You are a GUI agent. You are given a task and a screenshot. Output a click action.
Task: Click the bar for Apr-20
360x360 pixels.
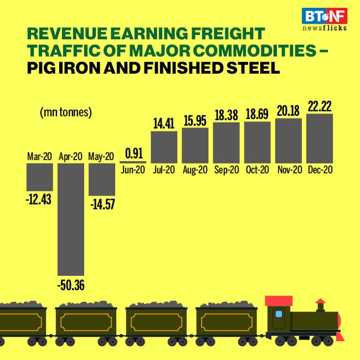point(71,219)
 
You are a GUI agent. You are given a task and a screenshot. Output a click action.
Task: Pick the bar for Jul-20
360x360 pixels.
point(164,147)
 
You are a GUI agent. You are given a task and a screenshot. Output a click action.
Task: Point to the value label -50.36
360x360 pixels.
point(71,286)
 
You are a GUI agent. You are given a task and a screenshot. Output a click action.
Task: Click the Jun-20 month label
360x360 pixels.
point(132,170)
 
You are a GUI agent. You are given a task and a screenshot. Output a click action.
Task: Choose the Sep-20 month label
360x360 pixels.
point(226,170)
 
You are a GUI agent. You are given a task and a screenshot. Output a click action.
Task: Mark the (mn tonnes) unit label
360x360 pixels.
point(65,112)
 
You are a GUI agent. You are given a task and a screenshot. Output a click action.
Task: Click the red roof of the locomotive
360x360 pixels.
point(279,301)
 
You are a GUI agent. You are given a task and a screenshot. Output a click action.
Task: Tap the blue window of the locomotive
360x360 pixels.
point(279,314)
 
